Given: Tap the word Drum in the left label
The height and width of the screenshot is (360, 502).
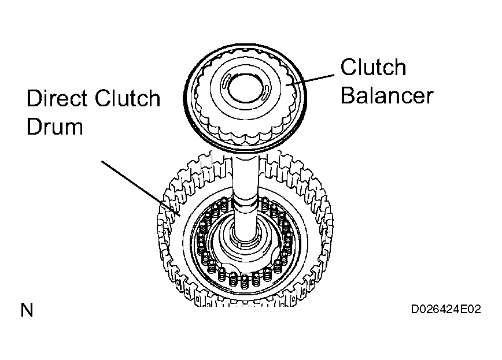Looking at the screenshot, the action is tap(55, 127).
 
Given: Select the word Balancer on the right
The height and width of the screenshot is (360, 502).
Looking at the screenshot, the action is tap(387, 95).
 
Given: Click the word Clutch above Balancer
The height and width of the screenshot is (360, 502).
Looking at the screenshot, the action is tap(373, 67).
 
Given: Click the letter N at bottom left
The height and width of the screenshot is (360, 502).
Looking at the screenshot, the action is tap(27, 310).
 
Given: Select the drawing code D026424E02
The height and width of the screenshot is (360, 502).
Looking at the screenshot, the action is tap(446, 309).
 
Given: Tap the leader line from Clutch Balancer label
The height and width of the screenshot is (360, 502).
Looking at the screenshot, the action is tap(310, 80).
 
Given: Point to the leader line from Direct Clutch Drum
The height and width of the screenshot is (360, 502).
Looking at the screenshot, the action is tap(141, 188).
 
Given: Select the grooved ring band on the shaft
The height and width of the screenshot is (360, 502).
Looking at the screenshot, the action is tap(246, 205).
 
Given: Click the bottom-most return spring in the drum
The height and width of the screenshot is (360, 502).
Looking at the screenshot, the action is tap(245, 281).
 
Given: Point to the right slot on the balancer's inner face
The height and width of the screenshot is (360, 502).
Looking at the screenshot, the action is tap(265, 93).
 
